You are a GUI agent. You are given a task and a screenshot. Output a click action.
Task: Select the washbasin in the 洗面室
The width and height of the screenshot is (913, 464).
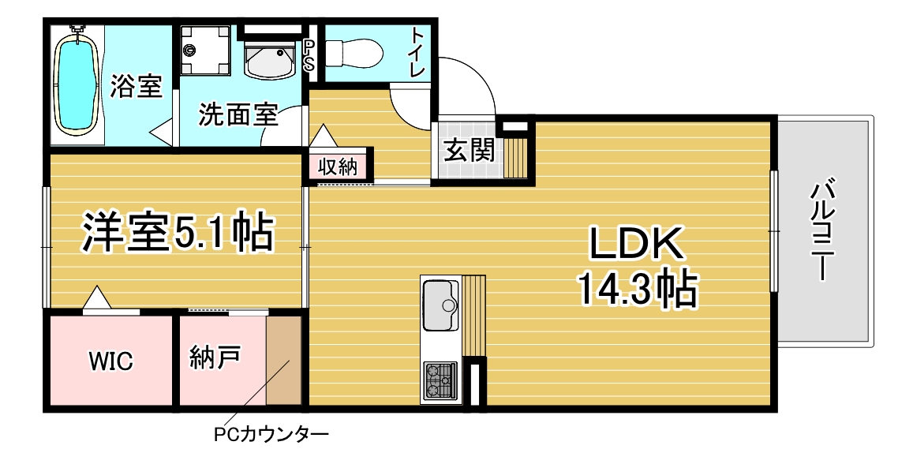270,59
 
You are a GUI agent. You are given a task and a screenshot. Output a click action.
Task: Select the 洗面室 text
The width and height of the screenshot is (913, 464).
238,114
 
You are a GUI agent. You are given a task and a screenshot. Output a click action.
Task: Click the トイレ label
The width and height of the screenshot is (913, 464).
418,53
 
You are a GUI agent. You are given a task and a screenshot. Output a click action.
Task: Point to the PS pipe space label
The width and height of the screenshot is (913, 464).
309,54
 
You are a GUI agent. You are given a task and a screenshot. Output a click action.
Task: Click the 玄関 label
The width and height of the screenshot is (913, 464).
470,150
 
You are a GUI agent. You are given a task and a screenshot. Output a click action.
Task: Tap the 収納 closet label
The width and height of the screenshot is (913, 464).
337,167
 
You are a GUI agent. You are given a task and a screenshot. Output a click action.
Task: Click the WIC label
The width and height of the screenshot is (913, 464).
110,361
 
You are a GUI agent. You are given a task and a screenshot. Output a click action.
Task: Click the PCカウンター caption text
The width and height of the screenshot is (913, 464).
271,434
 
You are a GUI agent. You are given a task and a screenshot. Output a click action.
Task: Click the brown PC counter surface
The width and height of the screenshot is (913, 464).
283,361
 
